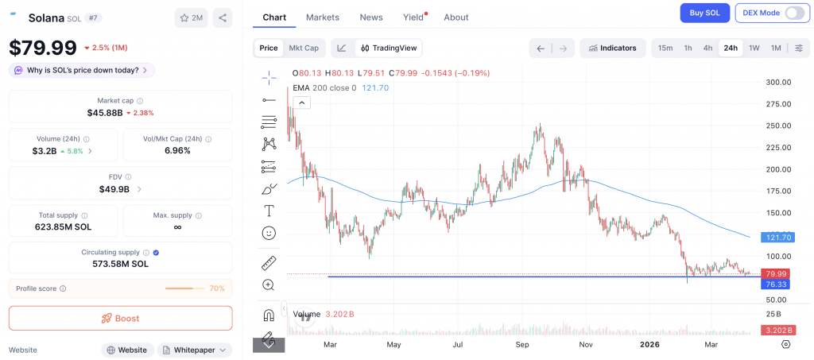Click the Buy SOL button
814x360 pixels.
(x=704, y=13)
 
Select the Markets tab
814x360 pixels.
(x=322, y=17)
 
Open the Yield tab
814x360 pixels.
(x=413, y=17)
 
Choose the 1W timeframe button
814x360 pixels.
(x=754, y=48)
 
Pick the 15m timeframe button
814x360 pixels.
(x=665, y=48)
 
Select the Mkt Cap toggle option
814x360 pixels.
(x=304, y=48)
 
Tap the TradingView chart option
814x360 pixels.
(x=389, y=48)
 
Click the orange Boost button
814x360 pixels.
(x=120, y=318)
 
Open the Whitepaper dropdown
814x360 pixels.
(x=195, y=350)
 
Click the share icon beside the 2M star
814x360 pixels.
(x=223, y=17)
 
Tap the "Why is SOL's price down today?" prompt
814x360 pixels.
(x=82, y=70)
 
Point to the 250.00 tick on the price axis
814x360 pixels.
(x=777, y=126)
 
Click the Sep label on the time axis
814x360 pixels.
(x=522, y=344)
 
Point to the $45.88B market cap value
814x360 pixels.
(x=104, y=113)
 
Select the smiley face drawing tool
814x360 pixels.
(x=269, y=233)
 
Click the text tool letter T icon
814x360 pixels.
(x=269, y=211)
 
